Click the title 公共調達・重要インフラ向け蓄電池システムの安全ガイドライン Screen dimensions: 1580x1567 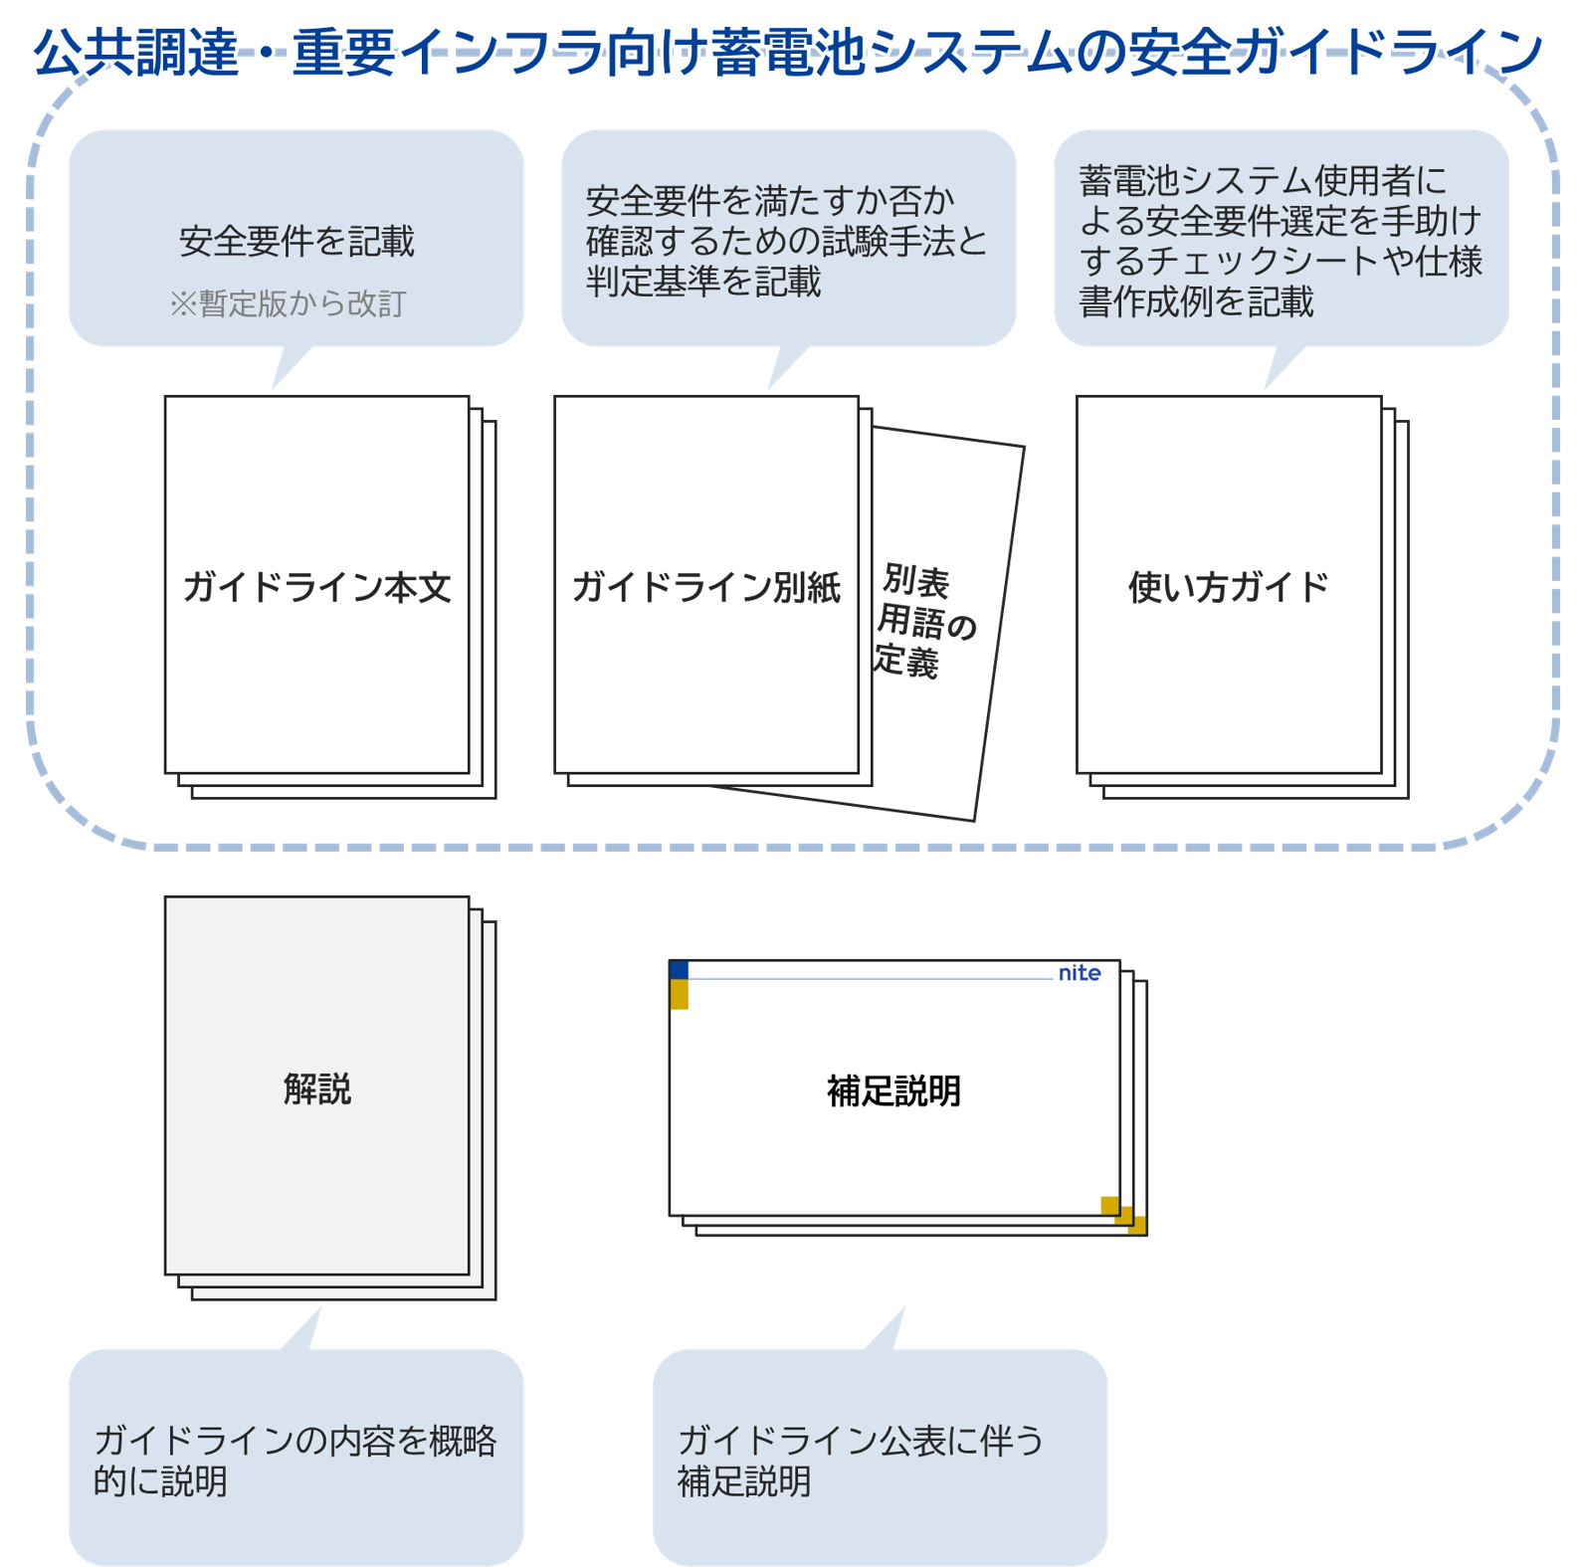click(x=789, y=52)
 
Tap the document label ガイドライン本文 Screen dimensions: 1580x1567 click(x=317, y=587)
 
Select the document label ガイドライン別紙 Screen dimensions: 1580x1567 click(x=706, y=587)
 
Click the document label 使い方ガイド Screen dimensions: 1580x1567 click(x=1229, y=587)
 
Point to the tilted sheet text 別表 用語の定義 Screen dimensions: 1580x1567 click(x=924, y=621)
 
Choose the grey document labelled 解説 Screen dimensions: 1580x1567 click(x=317, y=1084)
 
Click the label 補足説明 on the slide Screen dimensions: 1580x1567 click(x=893, y=1091)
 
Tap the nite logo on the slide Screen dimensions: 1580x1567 click(x=1080, y=973)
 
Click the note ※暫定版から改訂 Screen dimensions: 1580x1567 click(x=288, y=303)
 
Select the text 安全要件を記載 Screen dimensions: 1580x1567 click(x=296, y=241)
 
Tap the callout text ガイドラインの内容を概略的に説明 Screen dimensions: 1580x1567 click(x=296, y=1461)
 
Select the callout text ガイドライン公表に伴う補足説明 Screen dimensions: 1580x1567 click(x=862, y=1461)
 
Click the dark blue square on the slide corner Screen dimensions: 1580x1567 click(x=680, y=970)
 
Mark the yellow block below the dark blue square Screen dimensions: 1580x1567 click(x=680, y=994)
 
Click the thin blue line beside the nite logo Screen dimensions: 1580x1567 click(x=871, y=979)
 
